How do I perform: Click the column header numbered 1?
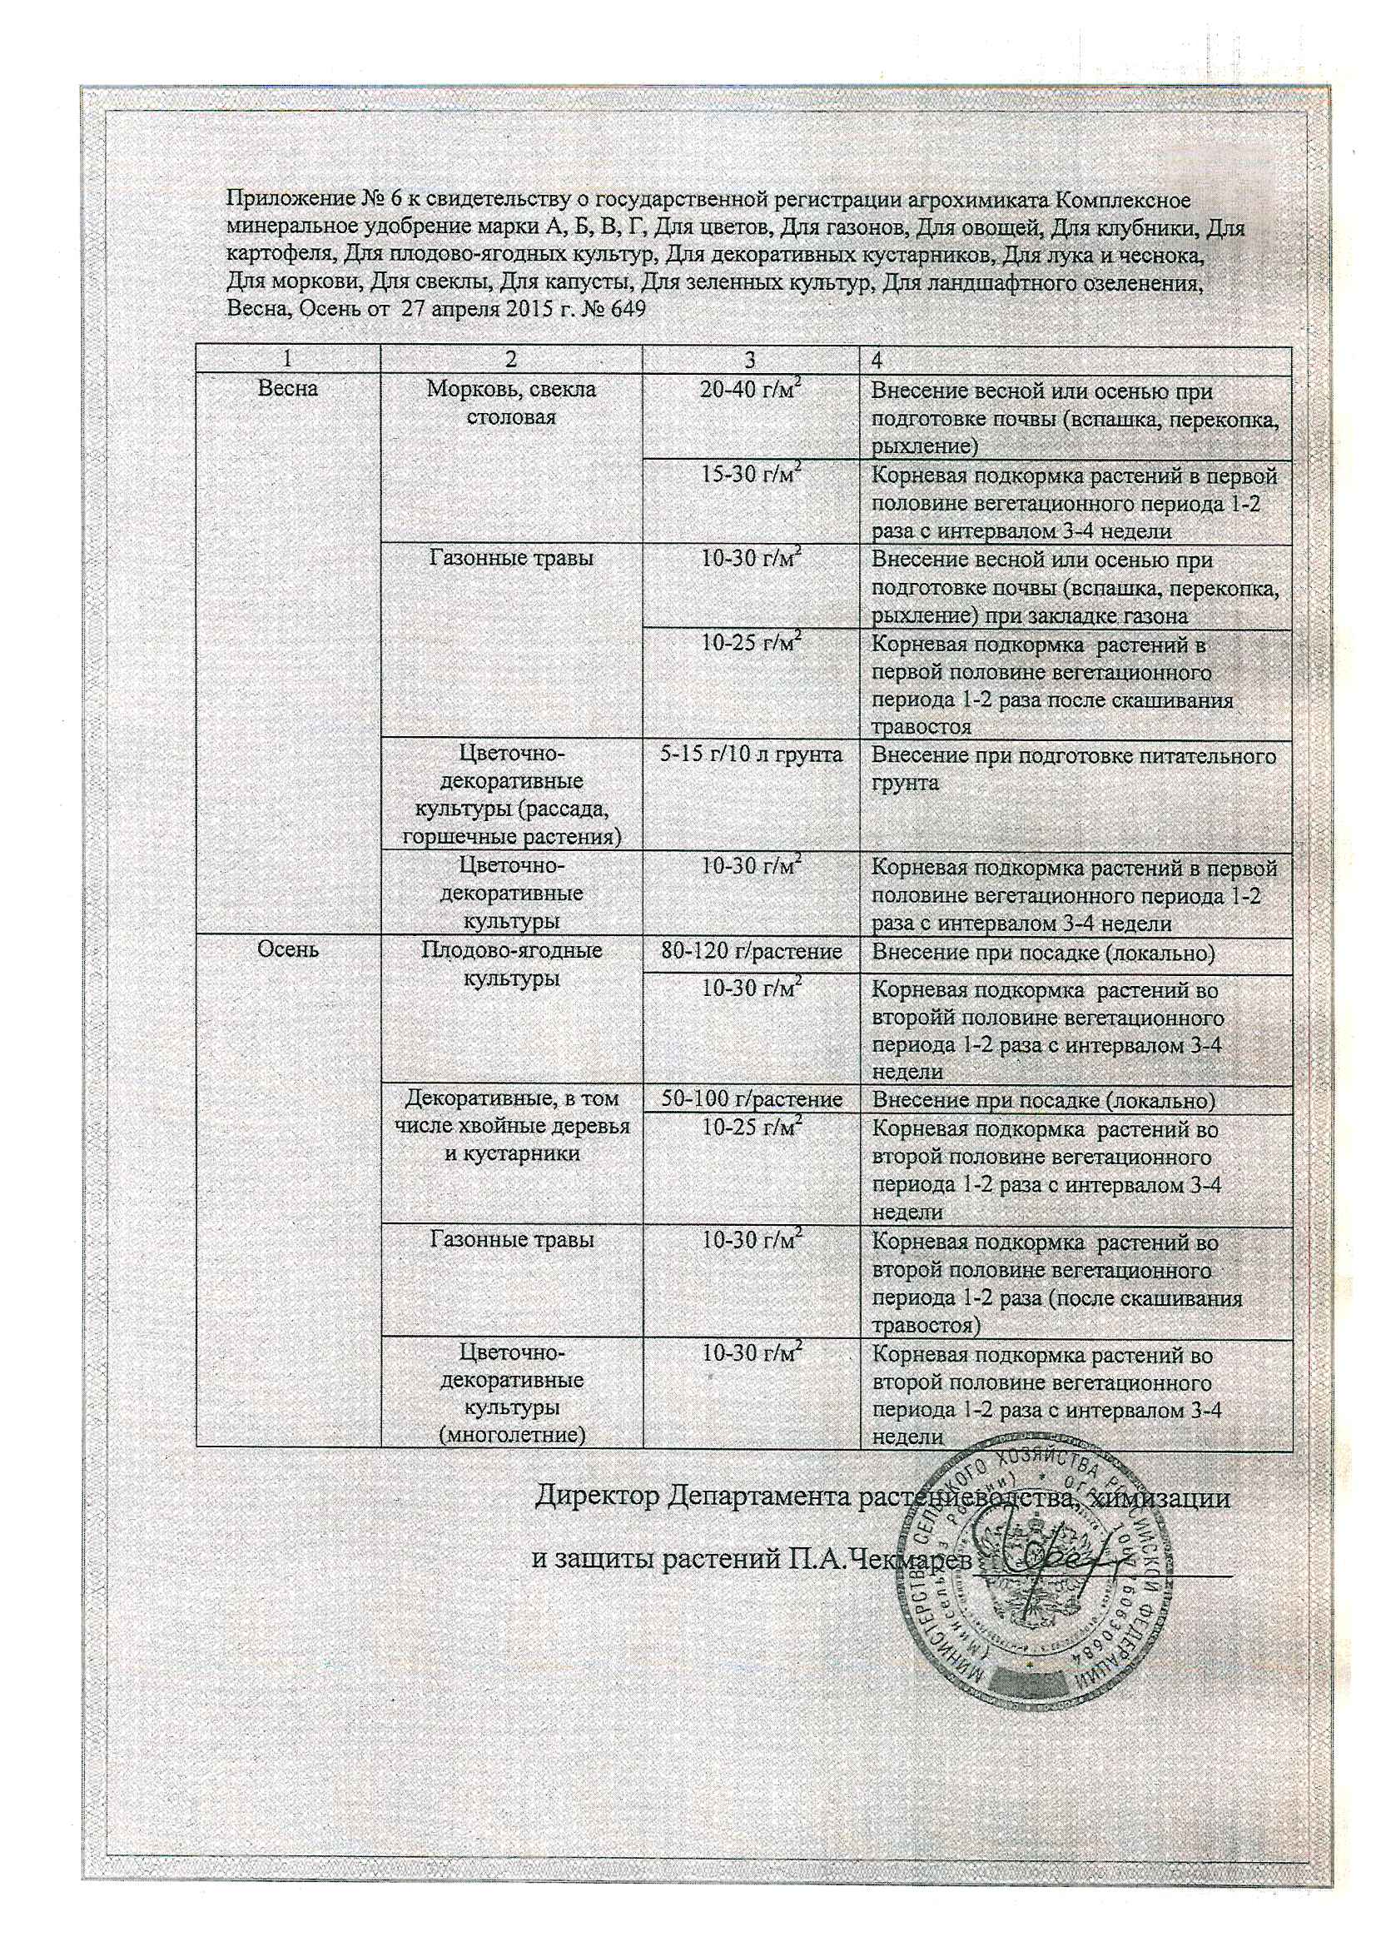[288, 359]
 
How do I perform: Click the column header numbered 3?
[750, 359]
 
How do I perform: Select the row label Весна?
[288, 389]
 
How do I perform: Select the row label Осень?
[288, 949]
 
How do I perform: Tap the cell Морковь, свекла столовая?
[511, 403]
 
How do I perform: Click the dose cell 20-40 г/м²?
[750, 391]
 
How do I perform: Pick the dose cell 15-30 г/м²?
[750, 475]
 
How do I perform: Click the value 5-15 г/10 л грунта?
[750, 754]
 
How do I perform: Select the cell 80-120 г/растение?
[750, 952]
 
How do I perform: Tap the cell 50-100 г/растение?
[750, 1100]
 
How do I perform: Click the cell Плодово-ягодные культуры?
[511, 964]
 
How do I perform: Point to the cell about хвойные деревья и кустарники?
[511, 1126]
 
